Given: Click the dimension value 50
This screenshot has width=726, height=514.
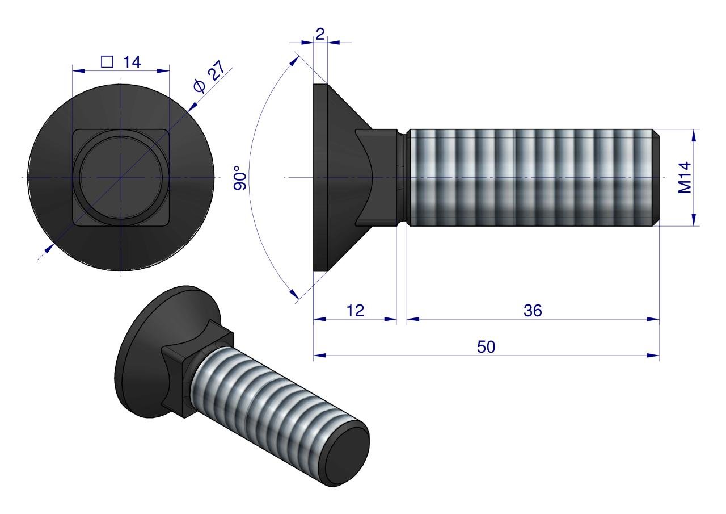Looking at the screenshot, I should [486, 347].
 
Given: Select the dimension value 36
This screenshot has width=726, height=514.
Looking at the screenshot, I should [533, 310].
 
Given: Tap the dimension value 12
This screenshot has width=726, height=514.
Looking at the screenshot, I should [354, 310].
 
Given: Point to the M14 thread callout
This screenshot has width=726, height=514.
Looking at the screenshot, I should [686, 178].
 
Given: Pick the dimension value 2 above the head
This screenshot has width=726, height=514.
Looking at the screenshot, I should [320, 34].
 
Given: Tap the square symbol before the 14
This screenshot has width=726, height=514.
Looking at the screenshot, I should [107, 62].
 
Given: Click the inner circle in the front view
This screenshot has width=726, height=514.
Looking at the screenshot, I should [121, 178].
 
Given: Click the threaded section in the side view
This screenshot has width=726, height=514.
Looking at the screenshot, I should [533, 178].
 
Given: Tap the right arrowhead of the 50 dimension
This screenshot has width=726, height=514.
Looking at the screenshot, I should [655, 356].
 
